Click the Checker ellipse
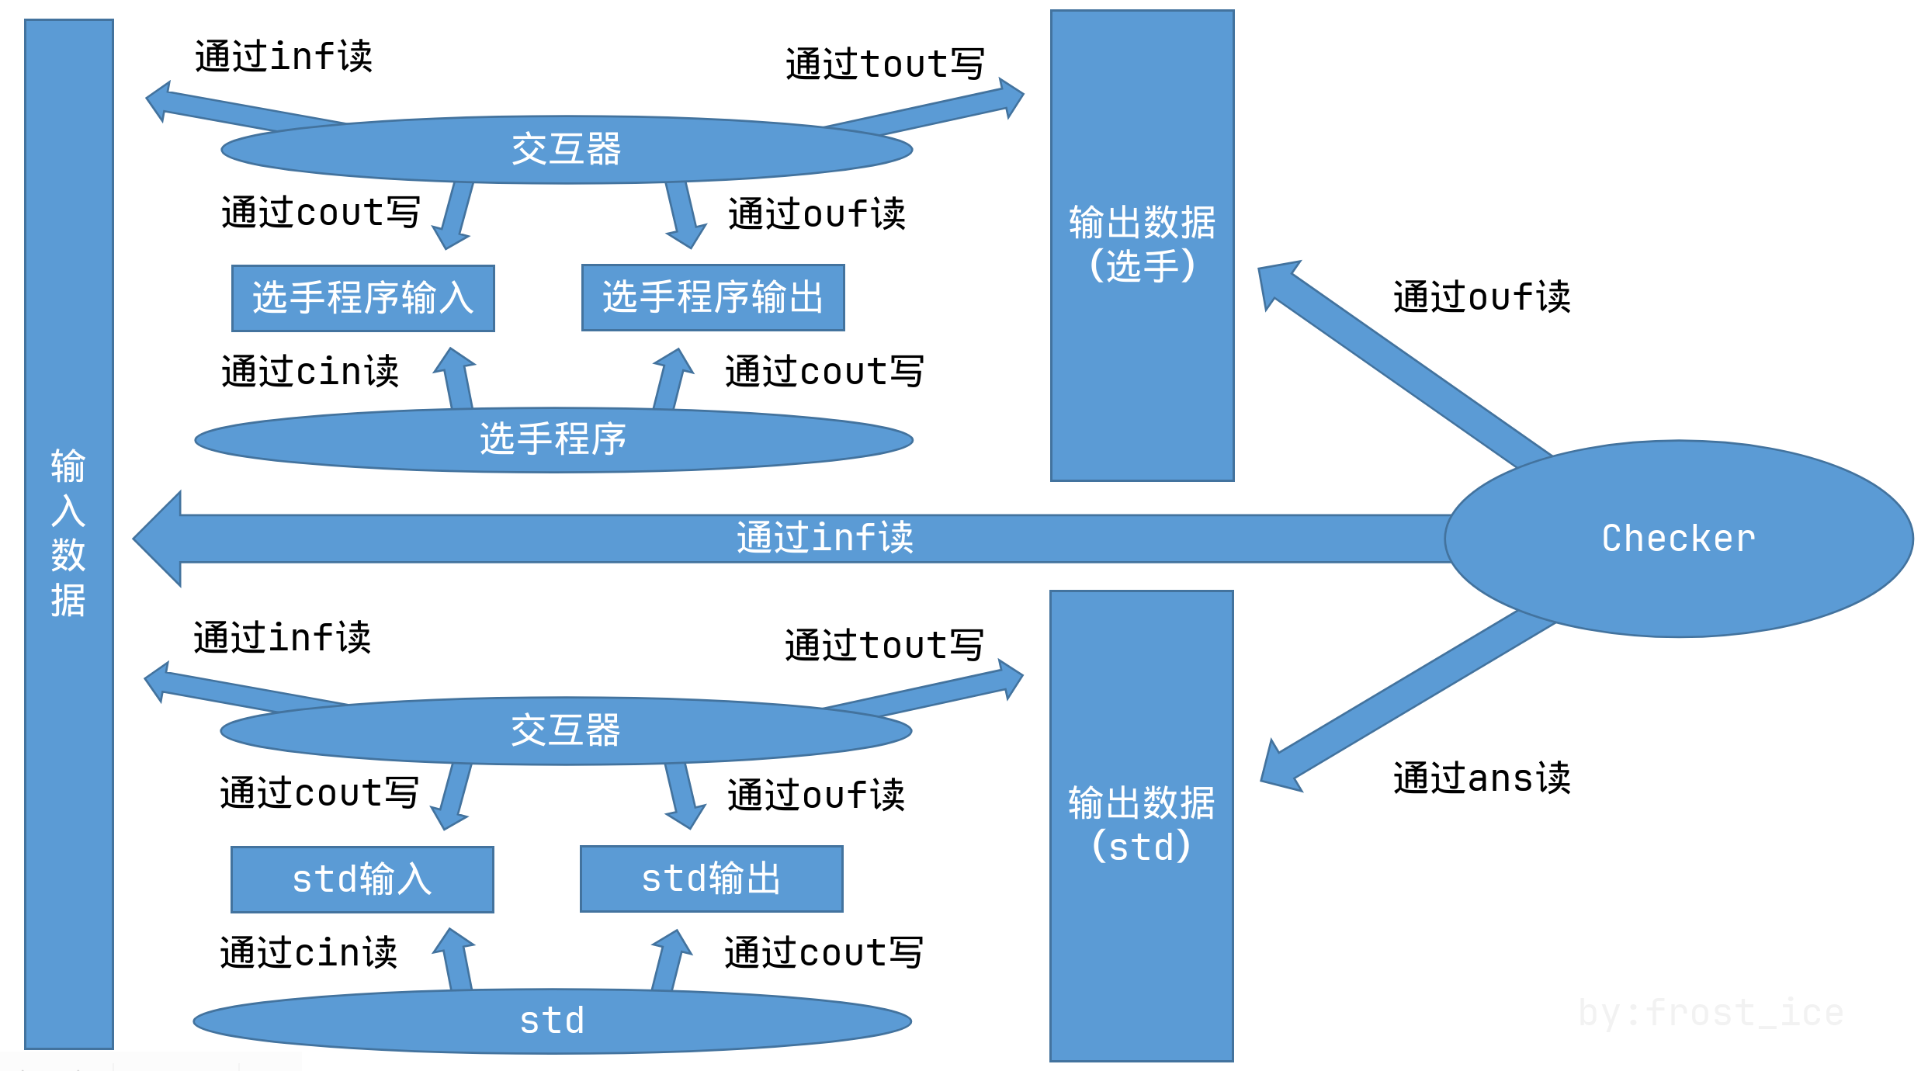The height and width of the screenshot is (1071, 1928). tap(1678, 539)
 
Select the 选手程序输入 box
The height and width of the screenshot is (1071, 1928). tap(362, 298)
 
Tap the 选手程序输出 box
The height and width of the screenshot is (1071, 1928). tap(713, 297)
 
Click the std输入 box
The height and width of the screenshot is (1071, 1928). tap(362, 879)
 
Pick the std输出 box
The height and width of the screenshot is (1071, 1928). tap(711, 879)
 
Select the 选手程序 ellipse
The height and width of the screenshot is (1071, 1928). tap(553, 439)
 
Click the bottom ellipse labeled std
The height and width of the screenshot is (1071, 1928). tap(552, 1021)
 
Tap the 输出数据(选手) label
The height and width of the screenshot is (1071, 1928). tap(1142, 244)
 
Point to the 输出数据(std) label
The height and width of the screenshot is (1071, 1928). tap(1141, 824)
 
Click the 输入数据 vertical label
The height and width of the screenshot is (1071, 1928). tap(68, 533)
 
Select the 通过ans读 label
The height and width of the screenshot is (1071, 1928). tap(1481, 778)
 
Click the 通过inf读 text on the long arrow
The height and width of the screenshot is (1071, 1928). tap(824, 538)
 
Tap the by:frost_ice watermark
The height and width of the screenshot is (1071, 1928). tap(1711, 1013)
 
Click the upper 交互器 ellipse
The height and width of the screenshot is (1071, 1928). tap(567, 149)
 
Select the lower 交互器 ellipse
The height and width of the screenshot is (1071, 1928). tap(566, 730)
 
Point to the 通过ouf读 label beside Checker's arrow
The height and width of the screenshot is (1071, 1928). tap(1481, 297)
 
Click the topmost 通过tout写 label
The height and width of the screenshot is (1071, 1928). tap(884, 64)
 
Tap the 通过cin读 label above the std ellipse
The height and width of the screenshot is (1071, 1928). tap(308, 952)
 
